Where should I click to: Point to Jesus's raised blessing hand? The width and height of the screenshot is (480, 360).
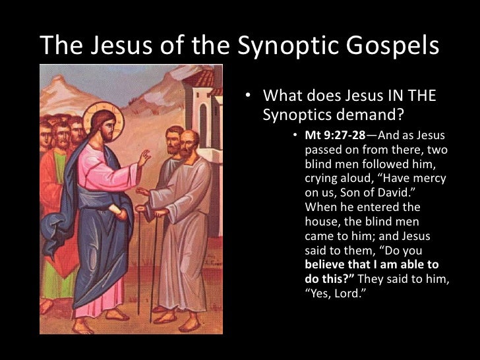point(143,158)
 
